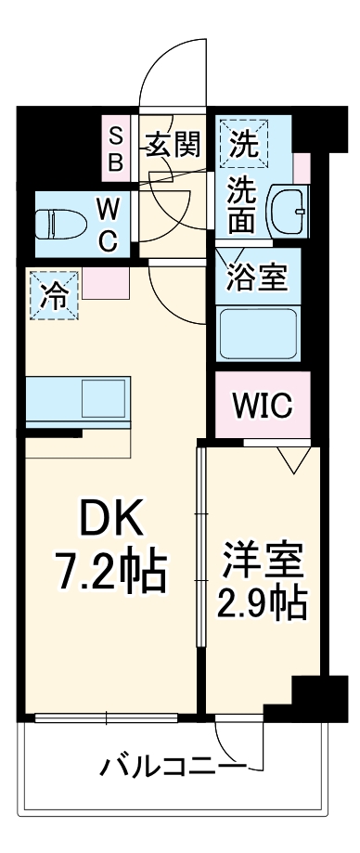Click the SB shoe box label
click(117, 149)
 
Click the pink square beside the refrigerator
click(99, 284)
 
